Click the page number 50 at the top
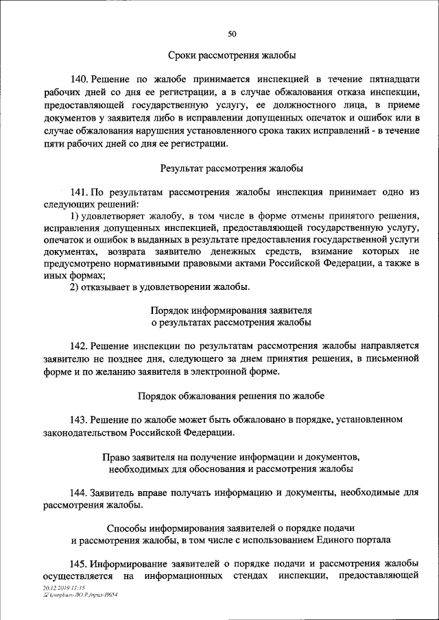(x=232, y=34)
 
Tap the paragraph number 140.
(x=80, y=80)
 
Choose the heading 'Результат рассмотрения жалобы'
(x=232, y=166)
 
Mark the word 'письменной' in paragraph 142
(x=389, y=358)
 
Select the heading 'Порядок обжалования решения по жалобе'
(x=232, y=396)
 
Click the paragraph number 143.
(x=80, y=419)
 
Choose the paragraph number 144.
(x=80, y=493)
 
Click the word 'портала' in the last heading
(x=373, y=541)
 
